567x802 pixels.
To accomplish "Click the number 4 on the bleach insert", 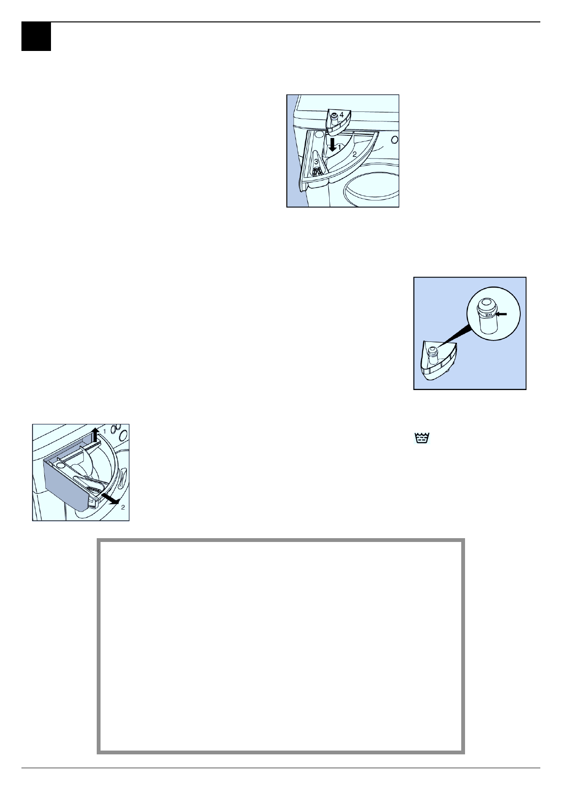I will click(x=342, y=114).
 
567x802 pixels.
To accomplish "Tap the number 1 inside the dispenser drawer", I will click(x=340, y=148).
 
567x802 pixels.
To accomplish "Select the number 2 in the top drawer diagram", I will click(x=354, y=154).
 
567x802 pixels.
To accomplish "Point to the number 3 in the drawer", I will click(x=316, y=162).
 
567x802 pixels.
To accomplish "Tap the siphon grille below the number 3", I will click(x=316, y=170).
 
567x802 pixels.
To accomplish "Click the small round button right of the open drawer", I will click(x=395, y=140).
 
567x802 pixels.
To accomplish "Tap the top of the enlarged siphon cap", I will click(x=486, y=303).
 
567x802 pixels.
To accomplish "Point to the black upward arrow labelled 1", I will click(x=95, y=434).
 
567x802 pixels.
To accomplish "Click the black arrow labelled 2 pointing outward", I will click(x=111, y=500).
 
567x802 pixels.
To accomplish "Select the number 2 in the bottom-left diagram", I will click(x=123, y=507).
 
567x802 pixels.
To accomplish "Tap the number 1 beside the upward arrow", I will click(x=104, y=431).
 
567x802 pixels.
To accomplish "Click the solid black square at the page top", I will click(x=36, y=37).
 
